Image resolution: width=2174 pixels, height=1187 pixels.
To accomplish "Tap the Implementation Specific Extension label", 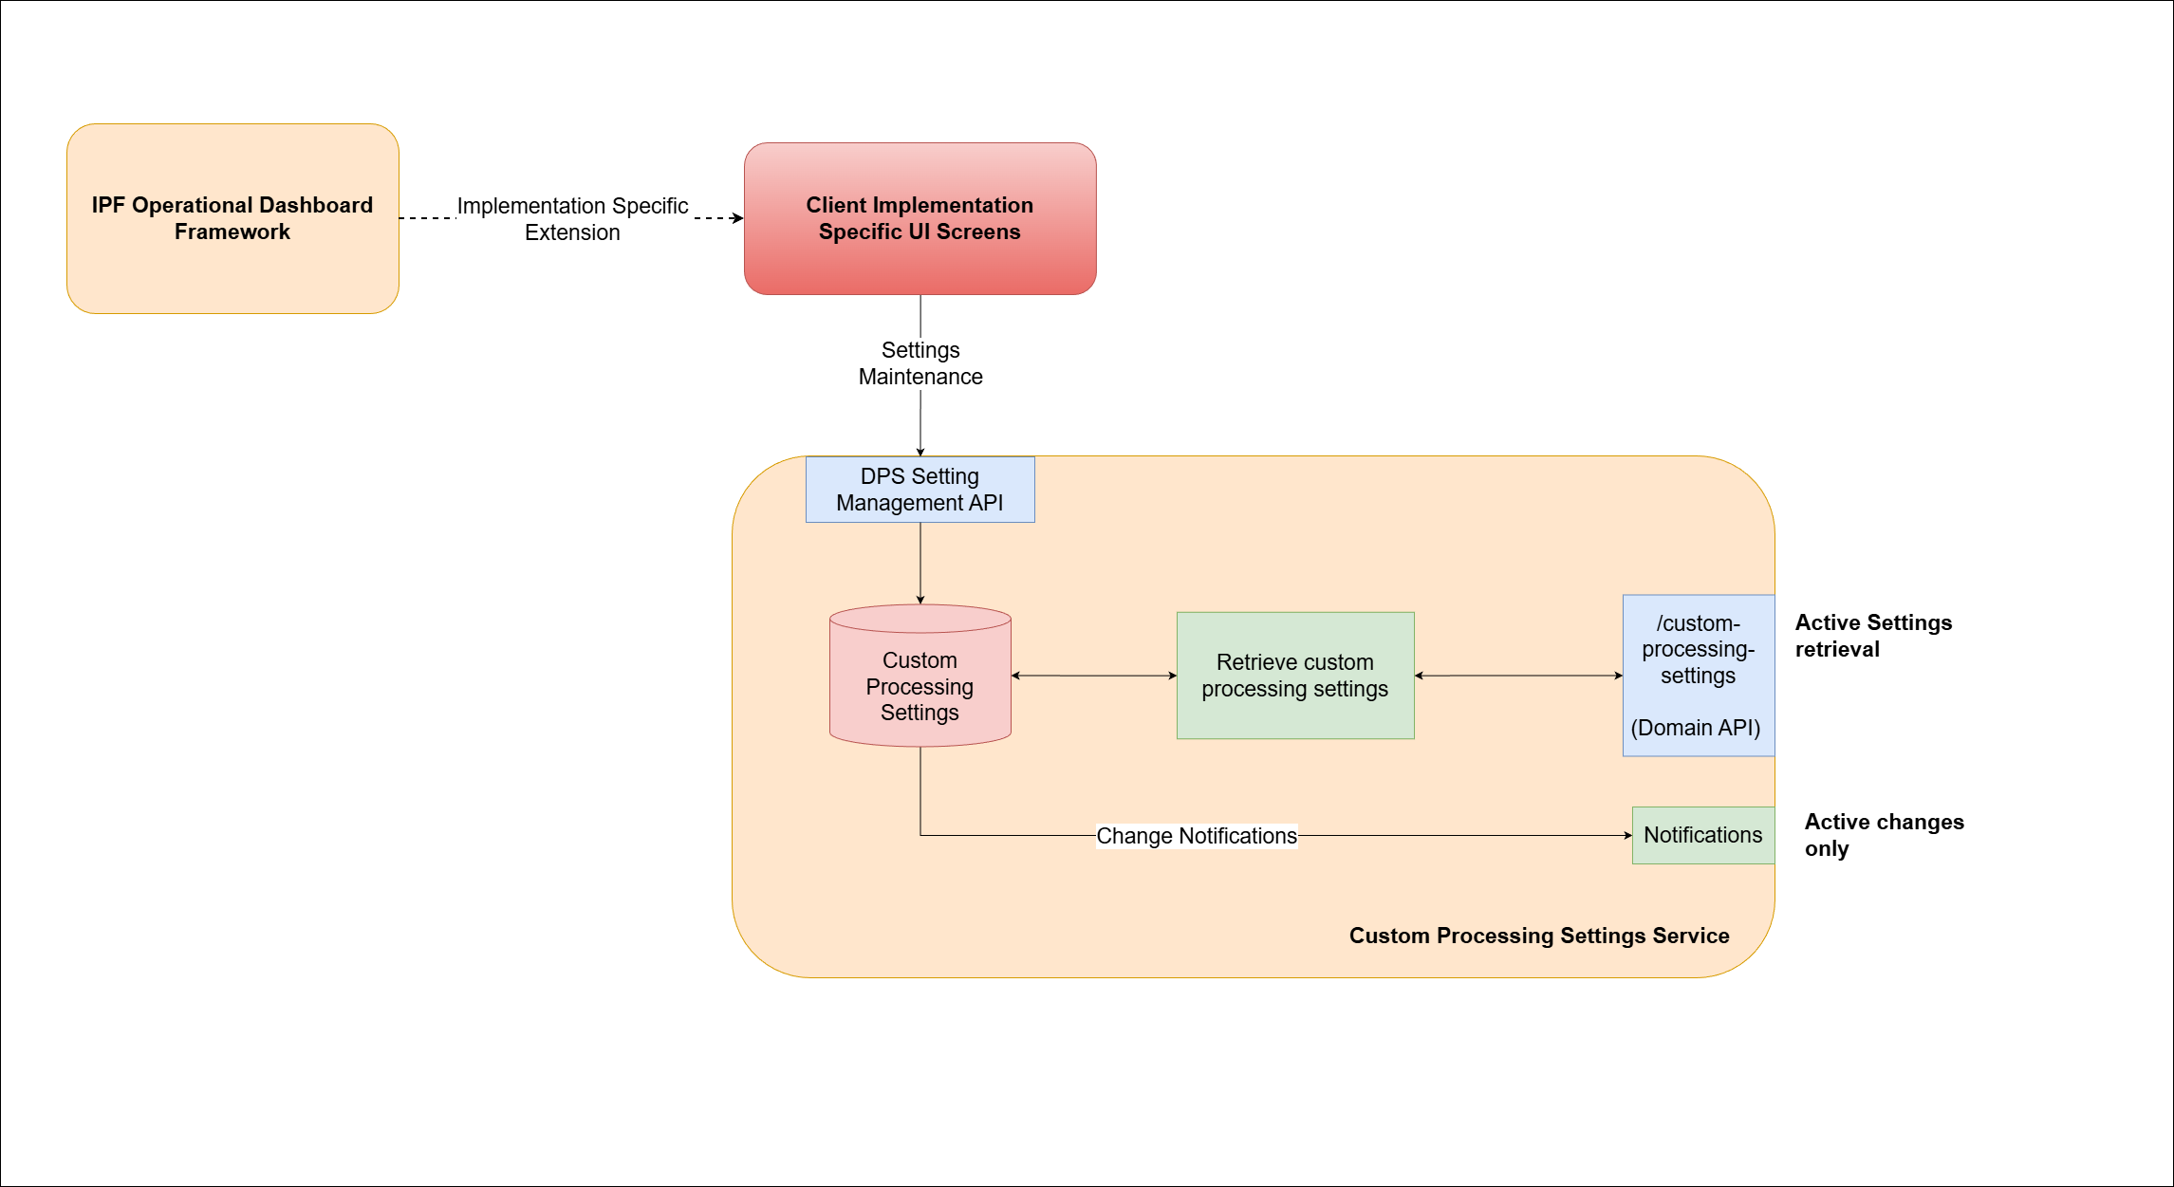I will pyautogui.click(x=572, y=219).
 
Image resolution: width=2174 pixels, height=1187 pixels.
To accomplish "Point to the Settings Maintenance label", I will pyautogui.click(x=920, y=363).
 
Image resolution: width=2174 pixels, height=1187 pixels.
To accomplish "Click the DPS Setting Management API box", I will pyautogui.click(x=920, y=490).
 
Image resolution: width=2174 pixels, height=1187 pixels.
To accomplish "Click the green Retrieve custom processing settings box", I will pyautogui.click(x=1294, y=676).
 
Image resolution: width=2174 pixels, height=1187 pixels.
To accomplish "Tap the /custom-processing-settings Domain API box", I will pyautogui.click(x=1698, y=676).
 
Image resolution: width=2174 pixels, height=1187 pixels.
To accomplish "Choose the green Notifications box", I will pyautogui.click(x=1702, y=835).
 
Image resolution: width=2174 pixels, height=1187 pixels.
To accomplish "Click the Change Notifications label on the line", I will pyautogui.click(x=1196, y=836).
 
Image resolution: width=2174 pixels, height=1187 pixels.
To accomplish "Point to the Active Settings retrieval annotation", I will pyautogui.click(x=1872, y=636).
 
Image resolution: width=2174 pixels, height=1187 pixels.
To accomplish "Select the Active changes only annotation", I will pyautogui.click(x=1883, y=835).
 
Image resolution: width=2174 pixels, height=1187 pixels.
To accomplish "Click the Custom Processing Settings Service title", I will pyautogui.click(x=1538, y=936).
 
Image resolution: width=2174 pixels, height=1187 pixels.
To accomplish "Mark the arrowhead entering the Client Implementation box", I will pyautogui.click(x=737, y=218).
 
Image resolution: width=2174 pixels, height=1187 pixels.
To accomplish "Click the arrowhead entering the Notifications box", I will pyautogui.click(x=1626, y=836).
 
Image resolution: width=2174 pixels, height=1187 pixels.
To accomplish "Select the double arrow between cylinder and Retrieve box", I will pyautogui.click(x=1093, y=676).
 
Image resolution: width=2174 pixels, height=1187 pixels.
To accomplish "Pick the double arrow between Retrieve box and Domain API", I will pyautogui.click(x=1517, y=676).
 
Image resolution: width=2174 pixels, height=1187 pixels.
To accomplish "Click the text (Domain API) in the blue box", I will pyautogui.click(x=1695, y=728).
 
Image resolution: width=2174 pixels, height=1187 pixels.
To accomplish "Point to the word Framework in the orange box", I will pyautogui.click(x=232, y=232).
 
